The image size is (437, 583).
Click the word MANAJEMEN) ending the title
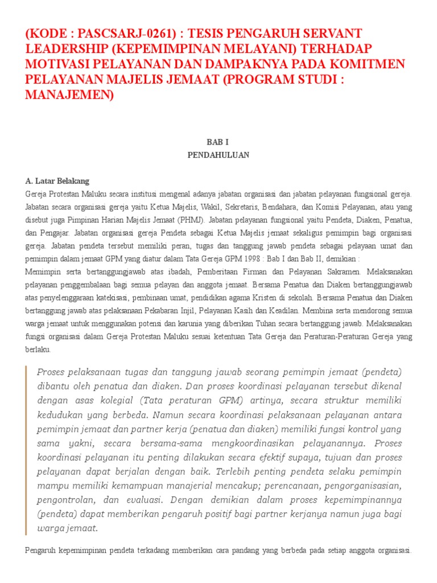[70, 95]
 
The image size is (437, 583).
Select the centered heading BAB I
[218, 142]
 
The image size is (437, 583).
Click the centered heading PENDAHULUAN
[218, 154]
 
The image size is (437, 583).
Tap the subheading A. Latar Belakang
[57, 181]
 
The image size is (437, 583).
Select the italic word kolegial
[103, 399]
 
